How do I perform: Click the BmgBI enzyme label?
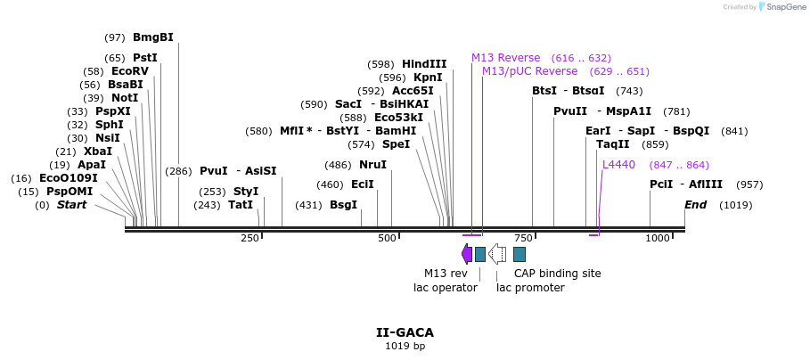point(152,37)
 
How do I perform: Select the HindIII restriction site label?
point(424,64)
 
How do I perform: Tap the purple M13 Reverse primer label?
point(506,58)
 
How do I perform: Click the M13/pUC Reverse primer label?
point(529,71)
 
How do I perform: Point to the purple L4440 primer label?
point(618,165)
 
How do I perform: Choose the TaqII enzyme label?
point(613,144)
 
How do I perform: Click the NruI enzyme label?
point(372,165)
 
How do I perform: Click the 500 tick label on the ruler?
point(386,238)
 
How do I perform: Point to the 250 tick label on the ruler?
point(249,238)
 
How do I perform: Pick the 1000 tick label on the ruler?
point(657,238)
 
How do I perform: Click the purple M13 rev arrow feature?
point(467,254)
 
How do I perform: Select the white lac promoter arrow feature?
point(497,254)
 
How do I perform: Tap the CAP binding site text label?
point(557,274)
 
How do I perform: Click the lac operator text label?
point(445,288)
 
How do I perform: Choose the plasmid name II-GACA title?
point(405,332)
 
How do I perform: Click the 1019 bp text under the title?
point(405,346)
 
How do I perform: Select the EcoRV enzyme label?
point(129,71)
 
